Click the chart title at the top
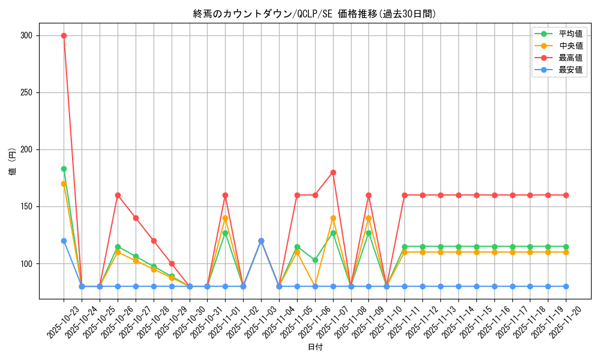tap(314, 14)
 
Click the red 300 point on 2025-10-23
tap(64, 35)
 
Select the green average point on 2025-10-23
tap(64, 169)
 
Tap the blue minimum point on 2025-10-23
tap(64, 241)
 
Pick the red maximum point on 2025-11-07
tap(333, 172)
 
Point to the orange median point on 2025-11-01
tap(225, 218)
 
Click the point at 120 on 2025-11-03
tap(261, 241)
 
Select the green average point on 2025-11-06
tap(315, 260)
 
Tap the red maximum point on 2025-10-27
tap(136, 218)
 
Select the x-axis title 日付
tap(315, 347)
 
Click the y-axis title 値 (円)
tap(13, 161)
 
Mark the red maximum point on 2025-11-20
tap(566, 195)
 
